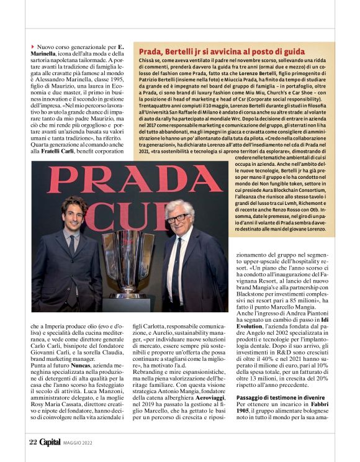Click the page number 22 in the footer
tap(32, 442)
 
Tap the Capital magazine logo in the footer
tap(52, 442)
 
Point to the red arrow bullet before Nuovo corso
tap(32, 47)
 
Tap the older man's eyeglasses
tap(178, 217)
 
